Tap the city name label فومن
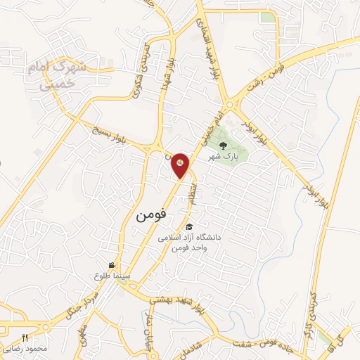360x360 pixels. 150,217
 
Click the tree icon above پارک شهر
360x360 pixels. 224,146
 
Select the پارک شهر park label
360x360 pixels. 224,157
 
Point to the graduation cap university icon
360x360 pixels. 189,226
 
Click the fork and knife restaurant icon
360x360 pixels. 25,337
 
